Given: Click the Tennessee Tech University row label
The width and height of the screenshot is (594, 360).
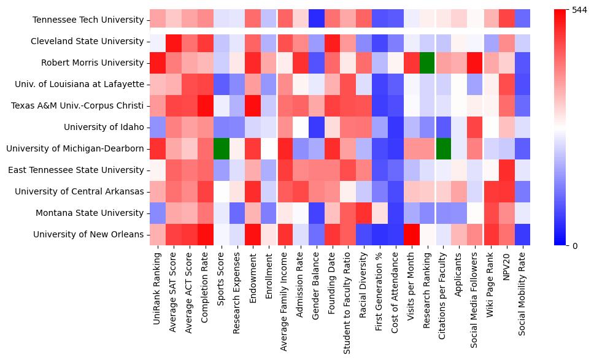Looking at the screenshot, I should [88, 20].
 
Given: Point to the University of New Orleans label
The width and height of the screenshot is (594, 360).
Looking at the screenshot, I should [88, 234].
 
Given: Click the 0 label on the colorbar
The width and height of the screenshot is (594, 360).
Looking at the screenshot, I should [575, 246].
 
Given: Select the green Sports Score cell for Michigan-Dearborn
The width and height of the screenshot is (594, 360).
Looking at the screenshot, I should [222, 148].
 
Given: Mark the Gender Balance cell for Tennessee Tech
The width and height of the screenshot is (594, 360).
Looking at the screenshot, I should [317, 20].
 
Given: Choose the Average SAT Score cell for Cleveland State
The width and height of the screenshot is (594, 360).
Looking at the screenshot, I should [174, 41].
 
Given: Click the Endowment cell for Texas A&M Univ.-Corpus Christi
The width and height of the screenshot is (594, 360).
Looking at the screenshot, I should [253, 105].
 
